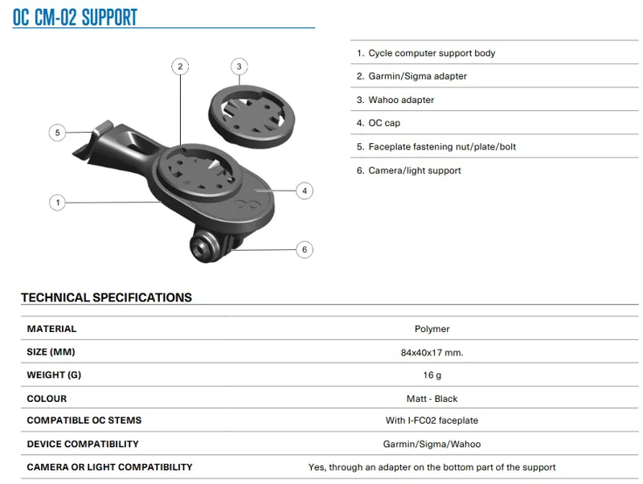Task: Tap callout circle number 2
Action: (181, 66)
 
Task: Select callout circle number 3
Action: (239, 66)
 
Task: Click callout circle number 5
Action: (56, 133)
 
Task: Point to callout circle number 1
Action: (57, 202)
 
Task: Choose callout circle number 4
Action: (304, 191)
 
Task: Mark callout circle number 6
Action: (304, 249)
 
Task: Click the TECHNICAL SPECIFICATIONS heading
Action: (106, 297)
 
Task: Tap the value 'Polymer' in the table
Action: (432, 329)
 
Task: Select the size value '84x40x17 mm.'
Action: (432, 352)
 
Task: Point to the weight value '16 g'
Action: (432, 375)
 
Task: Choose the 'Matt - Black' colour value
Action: (432, 399)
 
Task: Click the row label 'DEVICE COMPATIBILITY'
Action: (83, 444)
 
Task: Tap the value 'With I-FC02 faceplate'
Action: (432, 420)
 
